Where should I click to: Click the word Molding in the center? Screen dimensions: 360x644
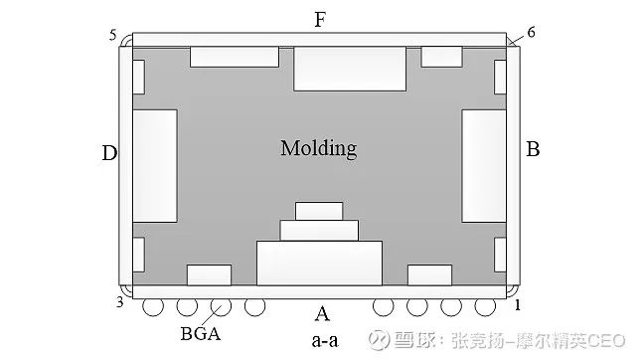[318, 149]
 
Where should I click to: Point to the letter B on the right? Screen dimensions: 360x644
[533, 150]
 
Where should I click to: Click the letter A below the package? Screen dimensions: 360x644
[321, 315]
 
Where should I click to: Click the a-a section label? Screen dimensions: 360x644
[323, 342]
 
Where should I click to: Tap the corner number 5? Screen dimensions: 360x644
[113, 36]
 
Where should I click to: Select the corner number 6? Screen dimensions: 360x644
[532, 32]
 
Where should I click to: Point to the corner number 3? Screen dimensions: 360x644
[119, 301]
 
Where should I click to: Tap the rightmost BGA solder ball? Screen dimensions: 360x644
[486, 306]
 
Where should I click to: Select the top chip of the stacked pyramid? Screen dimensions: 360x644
[319, 211]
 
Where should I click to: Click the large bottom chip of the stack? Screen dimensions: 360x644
[319, 264]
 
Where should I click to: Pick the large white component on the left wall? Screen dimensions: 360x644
[154, 165]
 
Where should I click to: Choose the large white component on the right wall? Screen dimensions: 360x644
[484, 165]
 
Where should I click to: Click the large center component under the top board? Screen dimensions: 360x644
[350, 68]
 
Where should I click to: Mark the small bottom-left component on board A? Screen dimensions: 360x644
[209, 275]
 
